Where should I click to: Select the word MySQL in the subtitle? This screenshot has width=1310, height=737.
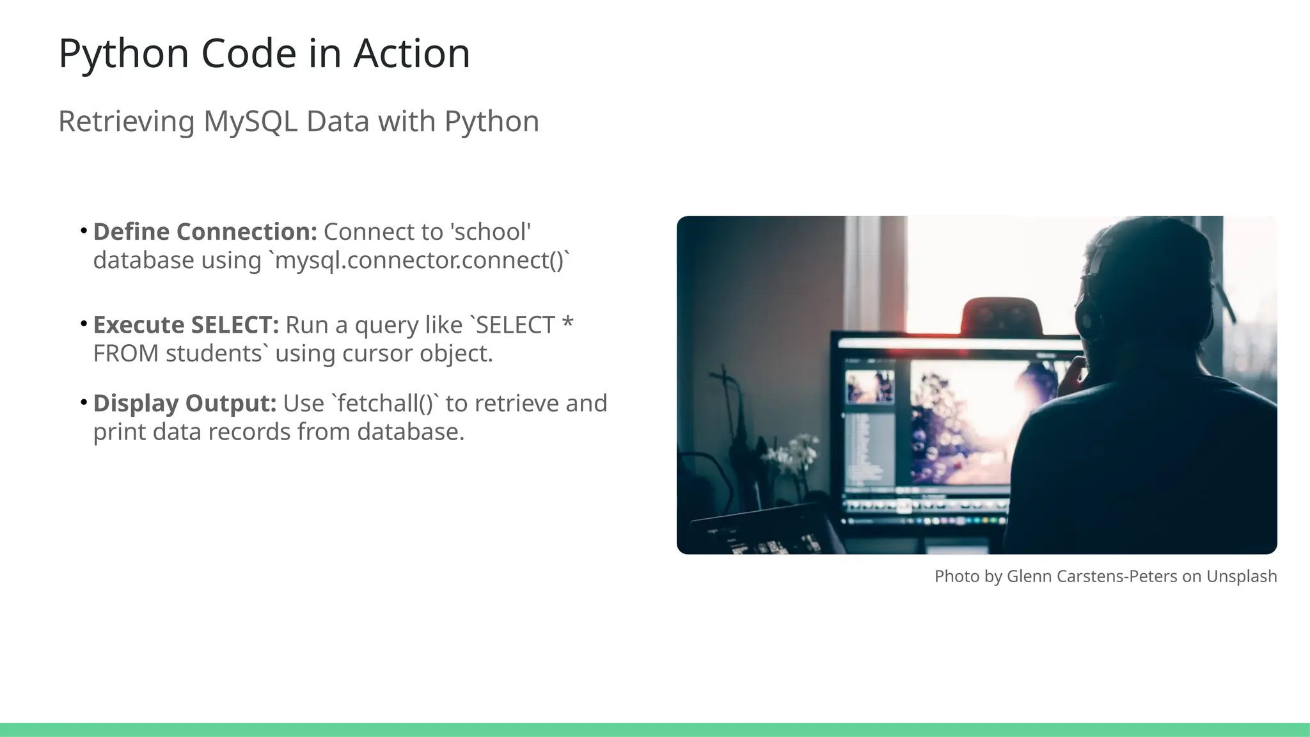point(250,122)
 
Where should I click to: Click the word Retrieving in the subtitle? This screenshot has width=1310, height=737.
point(126,122)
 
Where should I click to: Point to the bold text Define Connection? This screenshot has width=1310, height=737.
point(205,232)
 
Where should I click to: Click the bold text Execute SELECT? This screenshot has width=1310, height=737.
point(185,325)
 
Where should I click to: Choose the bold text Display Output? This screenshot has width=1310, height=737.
point(184,404)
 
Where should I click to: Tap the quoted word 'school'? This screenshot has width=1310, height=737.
point(491,232)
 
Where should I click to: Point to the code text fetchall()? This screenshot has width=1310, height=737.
point(386,404)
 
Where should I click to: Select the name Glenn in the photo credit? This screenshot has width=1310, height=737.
point(1029,576)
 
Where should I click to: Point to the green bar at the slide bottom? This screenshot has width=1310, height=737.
point(655,729)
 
